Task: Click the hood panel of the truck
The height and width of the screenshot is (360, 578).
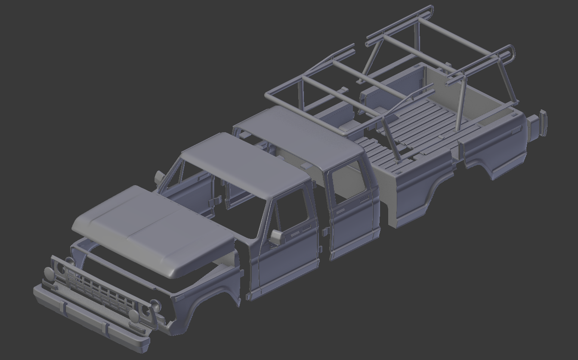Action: [x=151, y=228]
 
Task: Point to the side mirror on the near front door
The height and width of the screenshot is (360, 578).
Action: [x=275, y=236]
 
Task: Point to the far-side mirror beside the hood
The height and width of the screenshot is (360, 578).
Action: [x=160, y=176]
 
